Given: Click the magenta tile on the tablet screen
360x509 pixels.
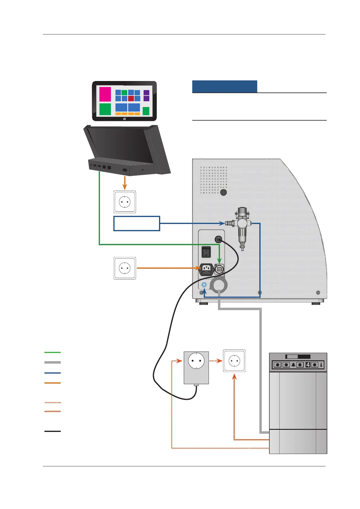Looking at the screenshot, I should click(x=105, y=94).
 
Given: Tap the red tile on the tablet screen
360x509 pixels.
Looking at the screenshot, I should click(x=131, y=99).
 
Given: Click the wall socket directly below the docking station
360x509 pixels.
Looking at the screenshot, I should click(x=125, y=202).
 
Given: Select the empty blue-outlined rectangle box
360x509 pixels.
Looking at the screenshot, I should click(x=137, y=224).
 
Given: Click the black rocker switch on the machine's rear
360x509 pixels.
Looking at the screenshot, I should click(x=206, y=252).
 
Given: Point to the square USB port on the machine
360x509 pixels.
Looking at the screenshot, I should click(x=219, y=269).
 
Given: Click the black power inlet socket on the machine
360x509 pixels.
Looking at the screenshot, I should click(x=206, y=269).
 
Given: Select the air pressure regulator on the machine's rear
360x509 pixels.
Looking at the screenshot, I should click(x=242, y=225).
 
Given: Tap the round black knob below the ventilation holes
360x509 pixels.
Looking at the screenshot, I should click(x=223, y=192).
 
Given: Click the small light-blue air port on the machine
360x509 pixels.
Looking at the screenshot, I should click(x=204, y=285).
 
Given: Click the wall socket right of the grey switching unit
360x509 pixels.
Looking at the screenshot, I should click(x=234, y=361).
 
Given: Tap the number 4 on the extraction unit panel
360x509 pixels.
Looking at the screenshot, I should click(x=308, y=365).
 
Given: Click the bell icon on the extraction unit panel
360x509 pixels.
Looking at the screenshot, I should click(x=293, y=365).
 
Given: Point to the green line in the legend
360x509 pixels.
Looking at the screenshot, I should click(x=53, y=352).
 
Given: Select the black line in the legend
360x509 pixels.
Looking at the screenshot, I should click(x=53, y=431).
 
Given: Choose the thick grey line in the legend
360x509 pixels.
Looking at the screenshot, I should click(x=53, y=362).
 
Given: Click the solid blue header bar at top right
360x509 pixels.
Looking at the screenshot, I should click(x=225, y=86).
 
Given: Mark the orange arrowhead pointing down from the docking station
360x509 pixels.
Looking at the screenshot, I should click(x=125, y=187).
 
